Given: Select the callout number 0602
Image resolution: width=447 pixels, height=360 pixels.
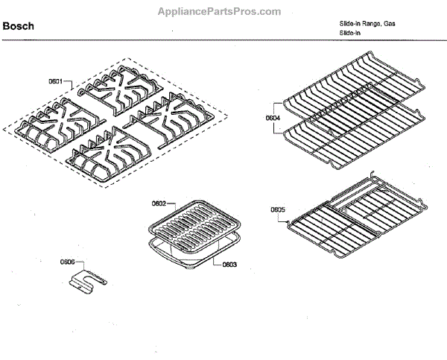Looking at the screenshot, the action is point(159,203).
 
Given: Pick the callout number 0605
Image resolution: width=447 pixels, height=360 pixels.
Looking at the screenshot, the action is point(277,210).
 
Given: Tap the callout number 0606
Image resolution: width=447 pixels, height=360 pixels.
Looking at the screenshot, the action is point(68,262).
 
